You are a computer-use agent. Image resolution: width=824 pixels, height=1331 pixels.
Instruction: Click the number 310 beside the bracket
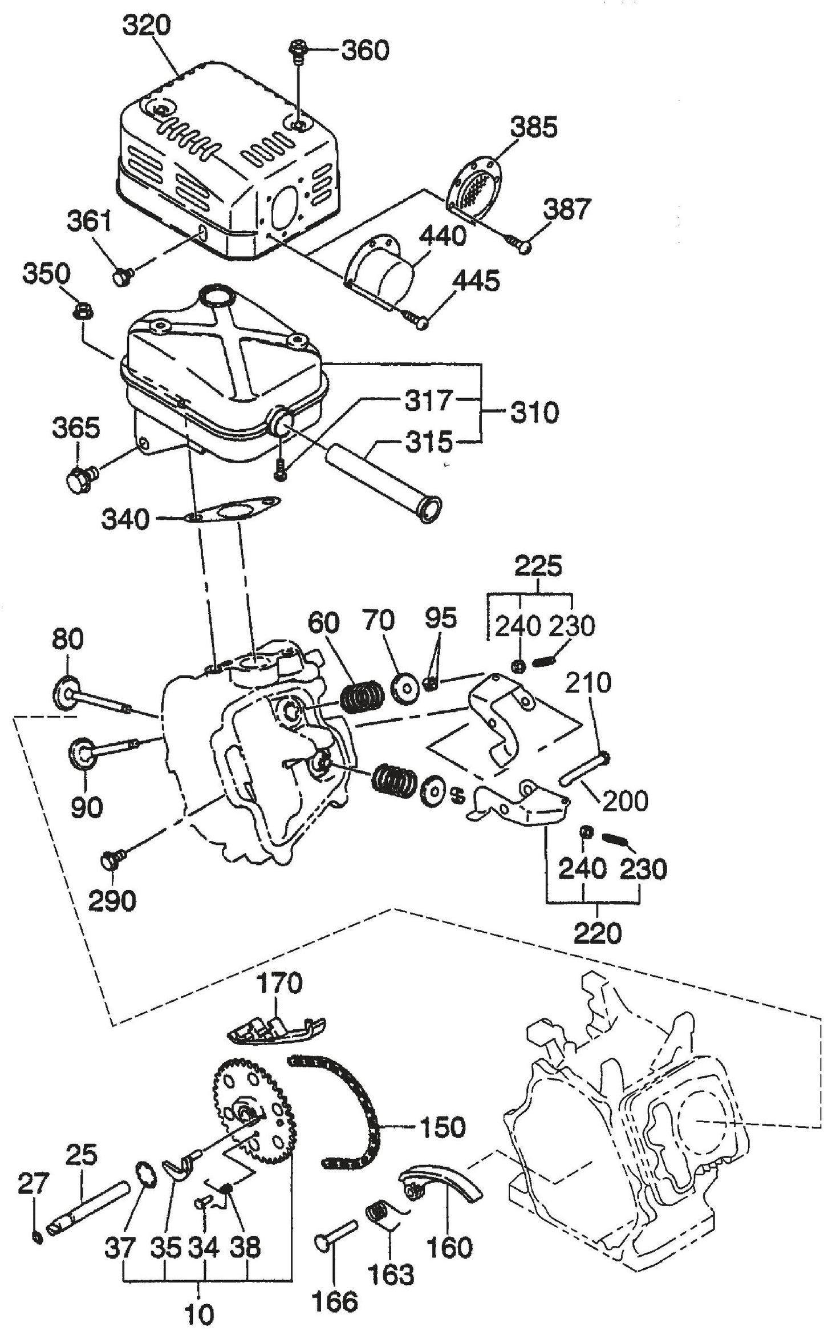tap(533, 412)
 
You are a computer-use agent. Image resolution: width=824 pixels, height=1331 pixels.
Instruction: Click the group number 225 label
tap(538, 567)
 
